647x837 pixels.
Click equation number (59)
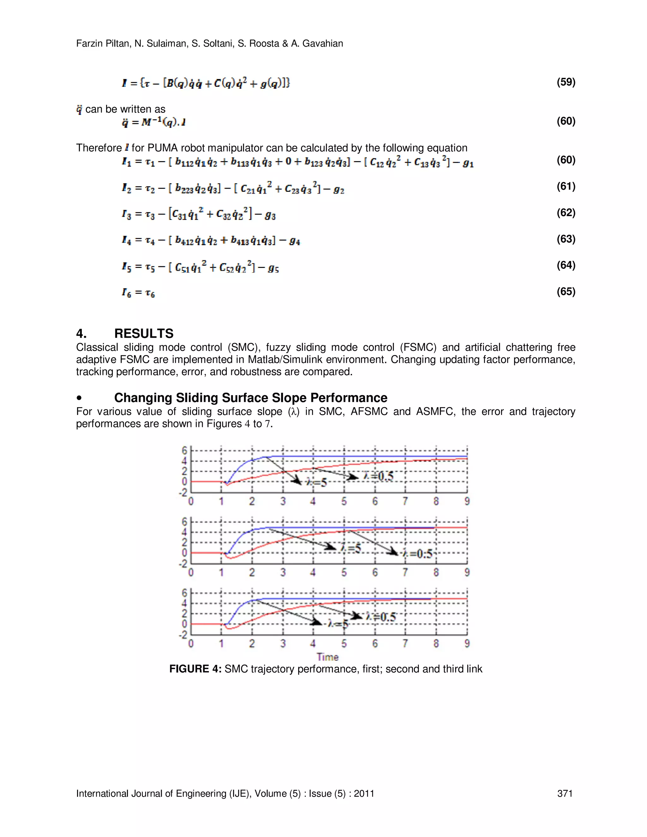566,82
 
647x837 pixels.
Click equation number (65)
566,291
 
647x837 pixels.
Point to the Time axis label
327,657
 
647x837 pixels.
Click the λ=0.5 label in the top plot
378,476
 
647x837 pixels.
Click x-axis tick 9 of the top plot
467,501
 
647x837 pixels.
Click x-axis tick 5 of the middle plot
344,572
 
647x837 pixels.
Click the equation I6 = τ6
138,293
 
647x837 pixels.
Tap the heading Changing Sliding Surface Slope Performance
251,397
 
